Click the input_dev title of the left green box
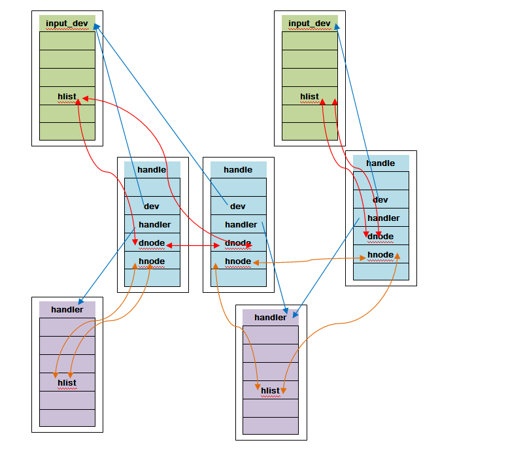click(x=67, y=24)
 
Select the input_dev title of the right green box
click(x=309, y=24)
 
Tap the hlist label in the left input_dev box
click(x=67, y=97)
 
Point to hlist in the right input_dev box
click(x=309, y=97)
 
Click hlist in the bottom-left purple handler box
click(x=67, y=382)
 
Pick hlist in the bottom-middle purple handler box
click(x=271, y=391)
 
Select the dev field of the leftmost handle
click(x=152, y=206)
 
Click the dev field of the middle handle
click(x=238, y=206)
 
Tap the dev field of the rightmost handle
click(x=380, y=200)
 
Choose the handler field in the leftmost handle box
click(x=155, y=225)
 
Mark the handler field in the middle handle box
click(x=241, y=225)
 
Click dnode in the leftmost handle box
click(x=152, y=243)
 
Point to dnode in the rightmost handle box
click(x=380, y=237)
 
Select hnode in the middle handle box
click(x=238, y=261)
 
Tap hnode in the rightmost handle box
click(x=380, y=255)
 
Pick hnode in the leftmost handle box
click(x=152, y=261)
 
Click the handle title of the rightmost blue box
click(x=380, y=163)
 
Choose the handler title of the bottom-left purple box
click(x=67, y=310)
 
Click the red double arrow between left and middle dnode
click(x=193, y=246)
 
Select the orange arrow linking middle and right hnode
click(x=309, y=260)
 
